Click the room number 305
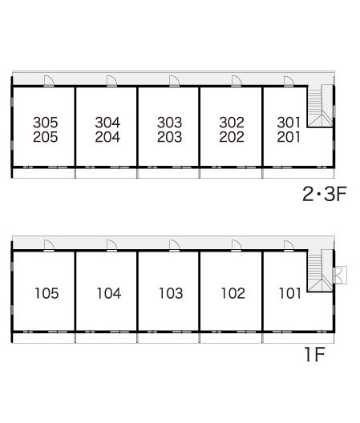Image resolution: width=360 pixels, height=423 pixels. point(46,123)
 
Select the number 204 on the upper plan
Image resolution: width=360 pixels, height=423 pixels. point(107,137)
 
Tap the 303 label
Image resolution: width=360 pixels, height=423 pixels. point(170,123)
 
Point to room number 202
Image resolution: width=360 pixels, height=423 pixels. point(232,137)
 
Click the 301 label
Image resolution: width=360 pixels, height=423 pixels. point(289,123)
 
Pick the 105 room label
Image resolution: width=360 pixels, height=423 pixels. point(47,293)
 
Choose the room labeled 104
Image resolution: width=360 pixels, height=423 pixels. point(109,293)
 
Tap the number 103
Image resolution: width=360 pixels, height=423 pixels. point(171,293)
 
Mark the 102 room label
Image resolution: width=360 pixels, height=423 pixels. point(233,293)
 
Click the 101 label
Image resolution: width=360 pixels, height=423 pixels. point(289,293)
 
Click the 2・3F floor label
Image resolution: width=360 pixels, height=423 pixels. point(325,194)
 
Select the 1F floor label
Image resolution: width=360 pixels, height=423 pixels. point(314,354)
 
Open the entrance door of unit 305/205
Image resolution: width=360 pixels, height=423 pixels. point(49,81)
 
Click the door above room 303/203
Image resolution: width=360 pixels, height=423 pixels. point(174,81)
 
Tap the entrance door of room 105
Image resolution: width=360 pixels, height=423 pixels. point(49,245)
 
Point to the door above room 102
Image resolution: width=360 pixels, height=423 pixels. point(237,245)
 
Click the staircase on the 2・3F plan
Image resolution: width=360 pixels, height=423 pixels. point(320,106)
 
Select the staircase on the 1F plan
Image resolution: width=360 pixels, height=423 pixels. point(320,271)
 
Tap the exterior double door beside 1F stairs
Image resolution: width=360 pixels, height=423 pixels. point(340,275)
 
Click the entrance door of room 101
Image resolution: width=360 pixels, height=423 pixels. point(289,245)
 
